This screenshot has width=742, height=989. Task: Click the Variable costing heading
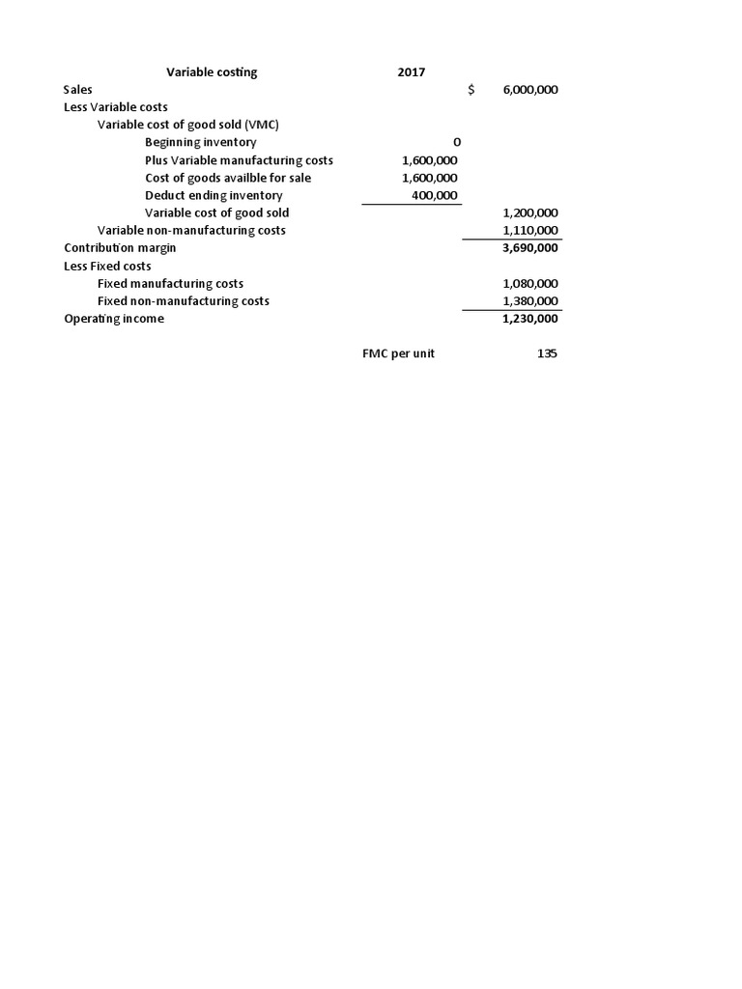pyautogui.click(x=212, y=72)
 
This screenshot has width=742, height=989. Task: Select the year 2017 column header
pyautogui.click(x=411, y=72)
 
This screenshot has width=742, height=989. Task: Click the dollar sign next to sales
pyautogui.click(x=471, y=90)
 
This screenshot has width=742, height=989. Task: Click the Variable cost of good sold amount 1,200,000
pyautogui.click(x=530, y=212)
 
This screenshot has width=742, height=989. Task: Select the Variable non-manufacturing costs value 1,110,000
pyautogui.click(x=530, y=230)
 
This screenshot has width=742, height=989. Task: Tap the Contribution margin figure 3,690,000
pyautogui.click(x=530, y=248)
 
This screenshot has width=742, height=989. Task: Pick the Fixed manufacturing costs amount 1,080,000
pyautogui.click(x=530, y=284)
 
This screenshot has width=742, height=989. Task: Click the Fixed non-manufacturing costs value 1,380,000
pyautogui.click(x=530, y=301)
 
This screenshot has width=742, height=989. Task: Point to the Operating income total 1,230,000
pyautogui.click(x=530, y=319)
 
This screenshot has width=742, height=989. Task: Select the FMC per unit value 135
pyautogui.click(x=547, y=353)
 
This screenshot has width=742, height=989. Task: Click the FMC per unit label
pyautogui.click(x=398, y=353)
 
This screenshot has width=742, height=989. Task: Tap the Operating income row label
pyautogui.click(x=114, y=319)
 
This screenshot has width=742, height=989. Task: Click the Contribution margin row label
pyautogui.click(x=120, y=248)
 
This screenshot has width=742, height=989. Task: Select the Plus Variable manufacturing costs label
pyautogui.click(x=239, y=160)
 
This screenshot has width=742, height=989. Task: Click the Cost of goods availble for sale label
pyautogui.click(x=228, y=178)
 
